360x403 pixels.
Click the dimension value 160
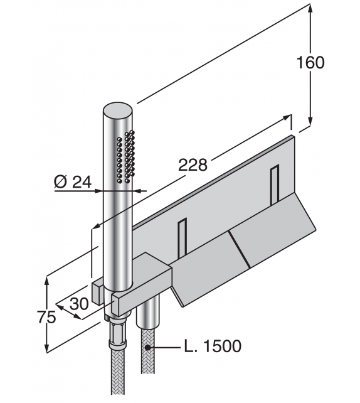[x=311, y=63]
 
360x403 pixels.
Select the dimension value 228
[x=193, y=165]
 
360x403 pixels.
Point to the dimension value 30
[x=79, y=304]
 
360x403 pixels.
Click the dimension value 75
[x=45, y=317]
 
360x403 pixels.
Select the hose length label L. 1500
[x=212, y=346]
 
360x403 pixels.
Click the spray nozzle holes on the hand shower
[x=125, y=157]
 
